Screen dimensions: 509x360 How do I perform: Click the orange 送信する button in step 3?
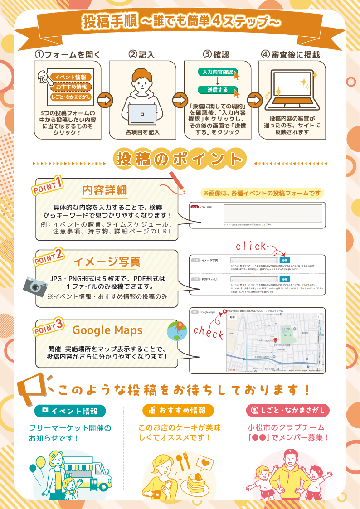(x=218, y=90)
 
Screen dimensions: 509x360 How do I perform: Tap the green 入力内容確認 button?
(x=218, y=72)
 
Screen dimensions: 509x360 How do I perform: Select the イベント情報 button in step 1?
(x=70, y=77)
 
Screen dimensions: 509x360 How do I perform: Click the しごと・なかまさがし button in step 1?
(x=71, y=97)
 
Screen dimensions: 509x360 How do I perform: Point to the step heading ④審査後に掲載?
(x=290, y=55)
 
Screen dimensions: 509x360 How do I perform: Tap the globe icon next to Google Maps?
(x=177, y=331)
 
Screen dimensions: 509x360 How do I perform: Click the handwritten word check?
(x=208, y=333)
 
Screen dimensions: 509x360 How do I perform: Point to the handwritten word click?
(x=251, y=246)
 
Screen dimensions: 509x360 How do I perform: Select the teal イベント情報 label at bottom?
(x=70, y=411)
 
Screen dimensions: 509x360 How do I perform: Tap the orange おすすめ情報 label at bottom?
(x=178, y=411)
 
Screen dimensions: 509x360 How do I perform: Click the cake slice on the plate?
(x=196, y=481)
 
